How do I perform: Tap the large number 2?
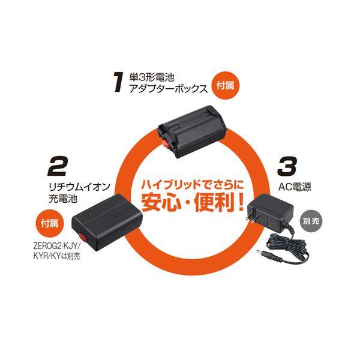click(x=57, y=166)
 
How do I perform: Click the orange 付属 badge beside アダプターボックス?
click(x=226, y=86)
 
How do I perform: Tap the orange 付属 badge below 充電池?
click(x=50, y=223)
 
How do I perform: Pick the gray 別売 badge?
click(x=311, y=221)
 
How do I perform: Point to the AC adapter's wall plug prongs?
click(x=251, y=214)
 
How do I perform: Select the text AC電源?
click(x=295, y=187)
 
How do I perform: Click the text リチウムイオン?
click(x=80, y=187)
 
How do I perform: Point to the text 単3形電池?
click(x=152, y=77)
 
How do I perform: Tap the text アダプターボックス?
click(x=168, y=89)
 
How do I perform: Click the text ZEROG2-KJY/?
click(x=56, y=246)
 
